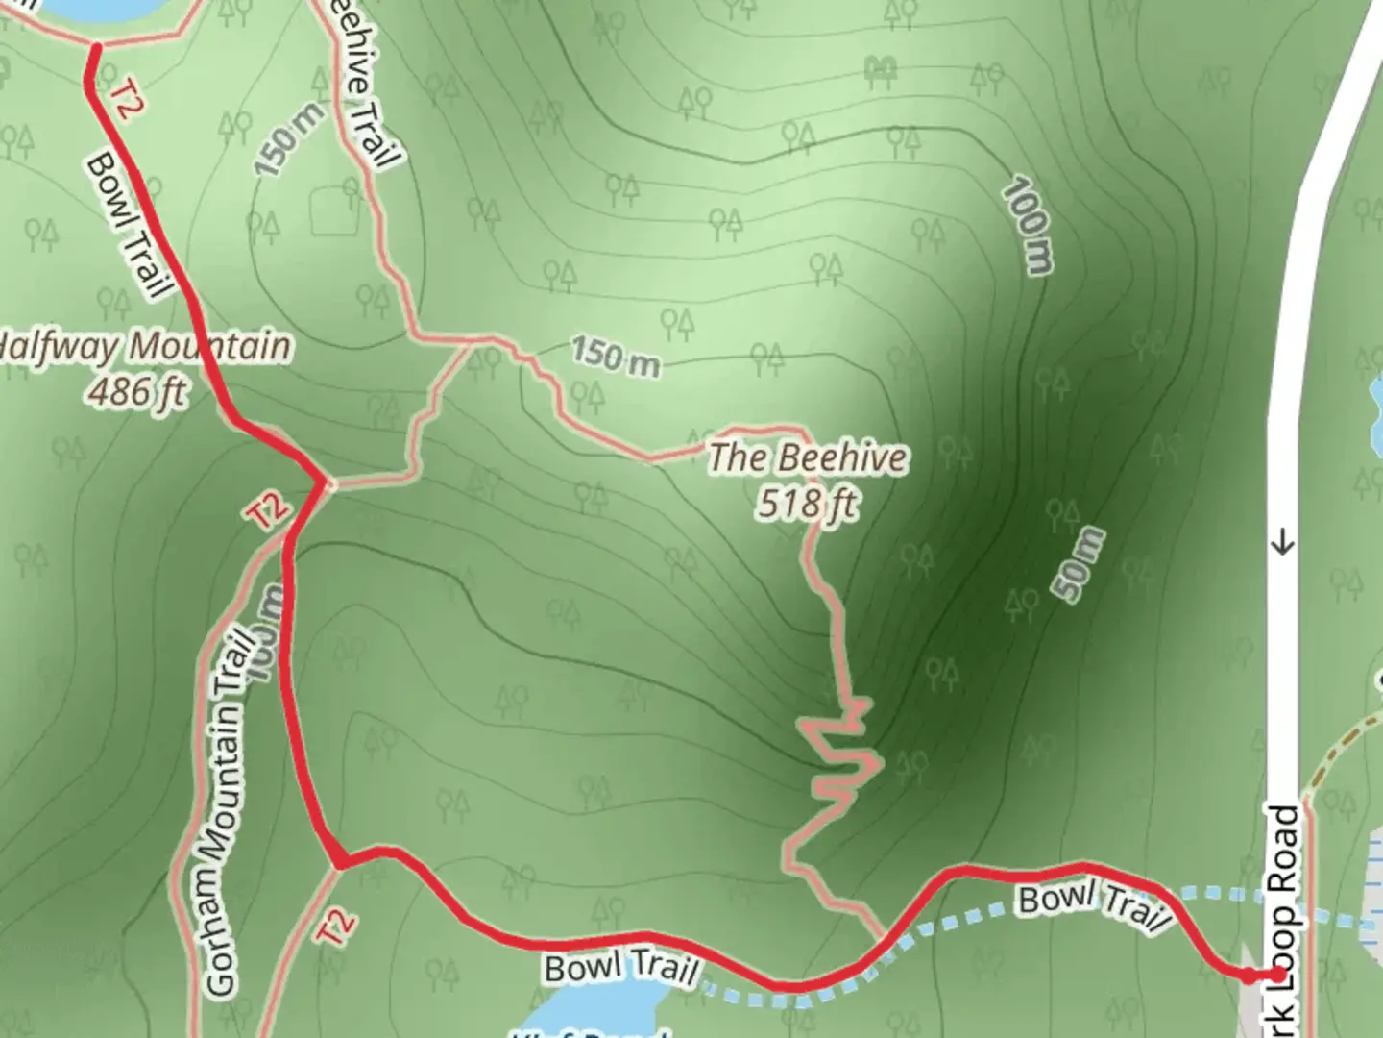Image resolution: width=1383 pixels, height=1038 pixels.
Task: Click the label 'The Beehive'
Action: point(807,457)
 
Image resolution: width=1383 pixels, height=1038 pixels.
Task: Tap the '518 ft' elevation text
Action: point(807,503)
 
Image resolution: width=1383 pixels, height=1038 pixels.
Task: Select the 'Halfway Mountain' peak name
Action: point(144,346)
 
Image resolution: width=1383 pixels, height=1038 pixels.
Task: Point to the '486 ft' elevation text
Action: point(137,390)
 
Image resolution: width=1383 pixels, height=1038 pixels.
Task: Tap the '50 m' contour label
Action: point(1079,565)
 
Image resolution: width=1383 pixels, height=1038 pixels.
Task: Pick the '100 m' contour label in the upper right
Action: point(1028,227)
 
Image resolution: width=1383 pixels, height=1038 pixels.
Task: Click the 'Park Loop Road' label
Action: point(1285,913)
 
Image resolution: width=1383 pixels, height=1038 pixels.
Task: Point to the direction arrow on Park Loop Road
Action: point(1283,545)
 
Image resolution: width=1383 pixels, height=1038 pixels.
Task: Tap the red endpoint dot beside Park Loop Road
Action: point(1277,975)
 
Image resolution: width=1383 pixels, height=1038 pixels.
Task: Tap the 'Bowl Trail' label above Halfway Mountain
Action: point(129,223)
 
